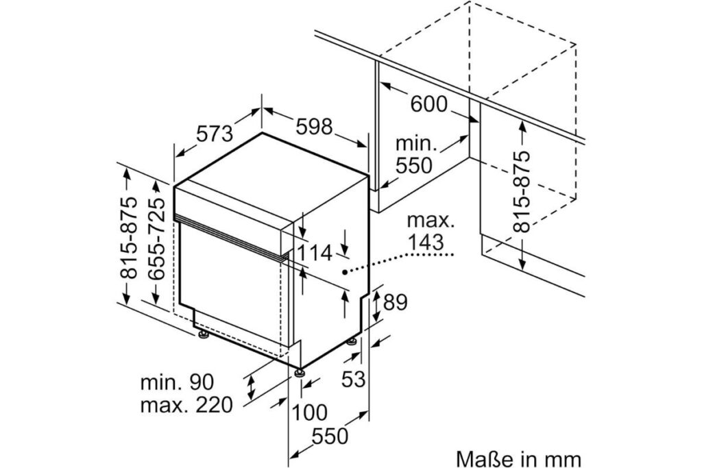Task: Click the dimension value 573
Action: [215, 134]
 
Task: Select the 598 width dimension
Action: [314, 126]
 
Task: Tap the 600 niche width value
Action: [429, 104]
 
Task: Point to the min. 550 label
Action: [415, 155]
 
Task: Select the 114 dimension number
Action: [315, 254]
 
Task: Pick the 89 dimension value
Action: [396, 302]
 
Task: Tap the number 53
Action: [353, 380]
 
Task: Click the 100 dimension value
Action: [309, 412]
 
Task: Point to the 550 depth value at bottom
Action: [330, 436]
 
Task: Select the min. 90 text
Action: [178, 382]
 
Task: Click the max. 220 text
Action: [186, 405]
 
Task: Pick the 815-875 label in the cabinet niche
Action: [522, 191]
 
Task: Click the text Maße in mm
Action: [518, 459]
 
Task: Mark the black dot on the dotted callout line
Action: [345, 271]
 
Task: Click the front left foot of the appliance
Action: [202, 335]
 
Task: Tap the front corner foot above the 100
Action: [298, 372]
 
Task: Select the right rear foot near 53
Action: [352, 341]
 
